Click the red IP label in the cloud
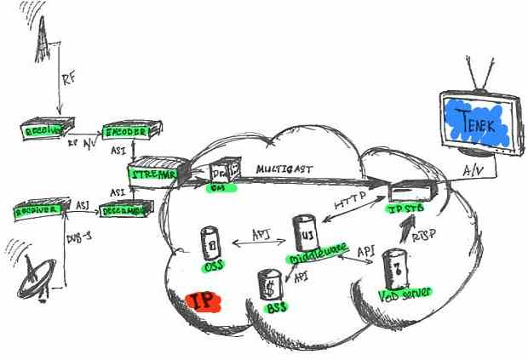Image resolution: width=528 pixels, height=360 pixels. (202, 301)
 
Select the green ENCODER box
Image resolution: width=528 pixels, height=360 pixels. (125, 132)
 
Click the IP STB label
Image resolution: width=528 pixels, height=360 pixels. (405, 209)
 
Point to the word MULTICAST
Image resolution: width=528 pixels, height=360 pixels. (285, 170)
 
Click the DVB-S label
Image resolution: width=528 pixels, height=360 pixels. (74, 237)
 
